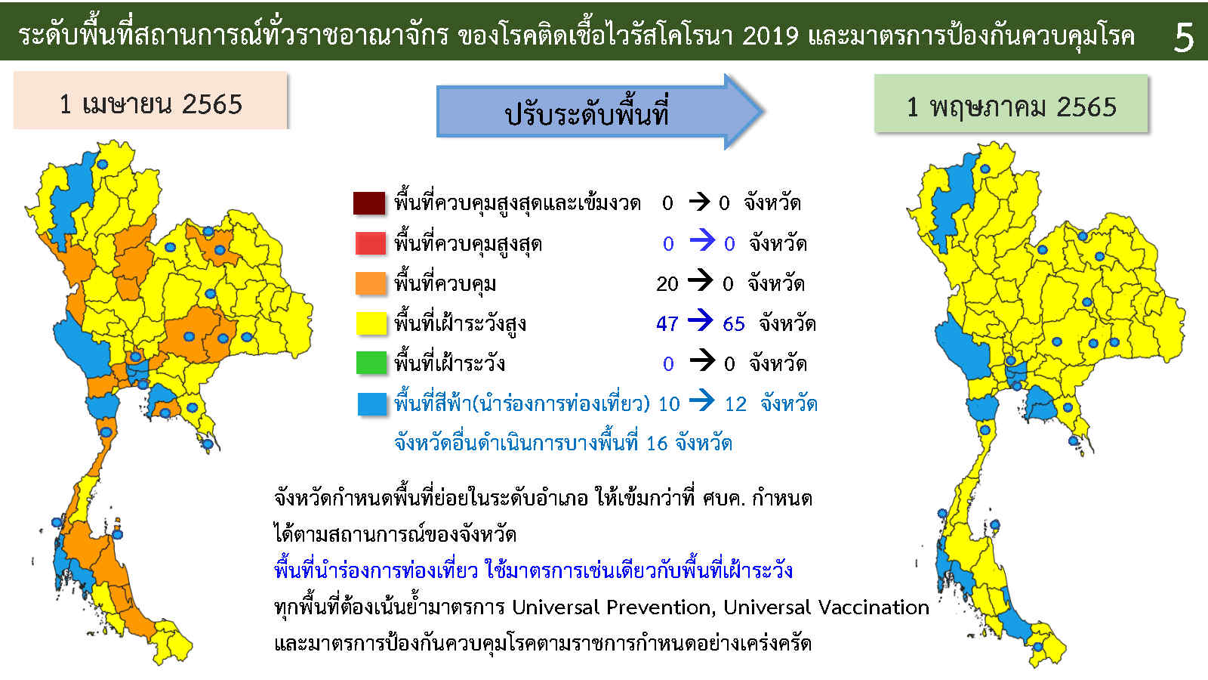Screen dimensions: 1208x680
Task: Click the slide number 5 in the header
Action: click(1184, 37)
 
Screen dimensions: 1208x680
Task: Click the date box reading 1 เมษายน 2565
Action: click(150, 100)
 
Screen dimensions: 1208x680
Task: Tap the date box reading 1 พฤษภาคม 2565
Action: click(1011, 104)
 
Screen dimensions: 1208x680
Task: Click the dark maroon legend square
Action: click(369, 203)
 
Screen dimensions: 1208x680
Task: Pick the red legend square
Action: click(371, 243)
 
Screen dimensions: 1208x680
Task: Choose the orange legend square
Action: click(371, 283)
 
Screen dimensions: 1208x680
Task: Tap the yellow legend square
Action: click(371, 323)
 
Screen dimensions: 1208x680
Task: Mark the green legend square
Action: click(371, 363)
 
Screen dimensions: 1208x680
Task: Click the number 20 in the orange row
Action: click(667, 284)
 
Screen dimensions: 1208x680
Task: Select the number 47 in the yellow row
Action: click(667, 324)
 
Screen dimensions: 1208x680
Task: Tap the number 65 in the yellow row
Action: click(733, 324)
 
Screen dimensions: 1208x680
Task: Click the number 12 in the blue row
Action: click(735, 404)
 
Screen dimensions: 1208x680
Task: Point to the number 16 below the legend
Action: click(658, 444)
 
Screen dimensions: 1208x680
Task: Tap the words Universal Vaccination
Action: click(826, 607)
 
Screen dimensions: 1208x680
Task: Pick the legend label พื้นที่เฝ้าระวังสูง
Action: click(460, 324)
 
